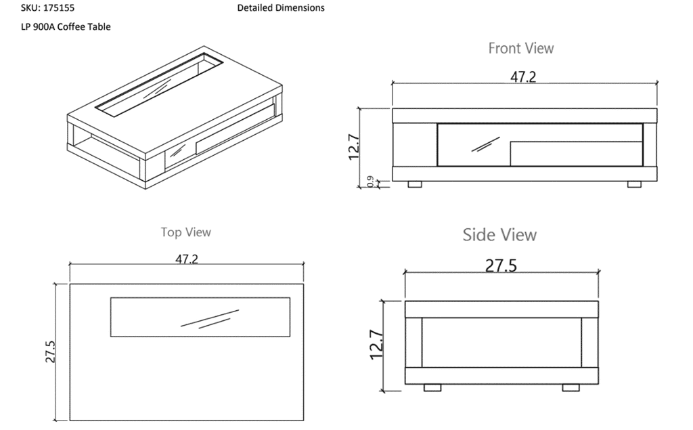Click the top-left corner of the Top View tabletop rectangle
coord(70,284)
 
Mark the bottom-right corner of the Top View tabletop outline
coord(304,421)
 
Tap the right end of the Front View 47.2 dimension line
coord(657,83)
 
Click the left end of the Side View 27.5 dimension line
coord(405,272)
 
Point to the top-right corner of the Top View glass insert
coord(290,298)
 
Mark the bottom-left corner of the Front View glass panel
coord(438,167)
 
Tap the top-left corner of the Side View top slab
coord(405,301)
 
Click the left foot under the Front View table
coord(415,184)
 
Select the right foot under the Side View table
coord(571,387)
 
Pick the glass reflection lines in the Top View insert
coord(210,319)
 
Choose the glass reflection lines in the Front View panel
coord(485,145)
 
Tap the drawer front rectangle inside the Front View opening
coord(577,154)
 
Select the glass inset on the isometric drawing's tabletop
coord(159,85)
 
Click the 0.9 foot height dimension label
coord(370,181)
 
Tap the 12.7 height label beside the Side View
coord(376,345)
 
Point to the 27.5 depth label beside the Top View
coord(50,351)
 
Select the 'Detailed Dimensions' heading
coord(281,8)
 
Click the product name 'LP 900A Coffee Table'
coord(66,27)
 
